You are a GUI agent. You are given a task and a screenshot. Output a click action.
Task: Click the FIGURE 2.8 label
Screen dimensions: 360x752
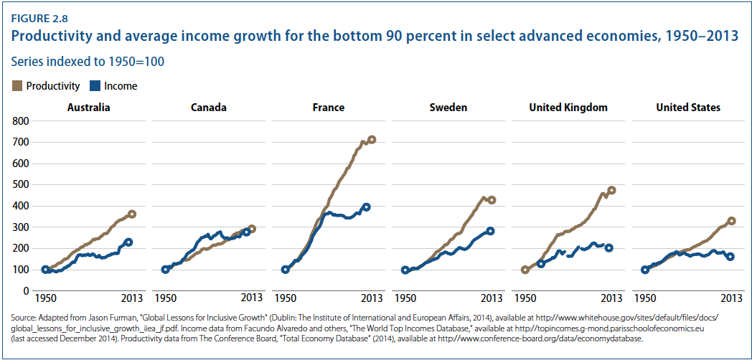pyautogui.click(x=39, y=14)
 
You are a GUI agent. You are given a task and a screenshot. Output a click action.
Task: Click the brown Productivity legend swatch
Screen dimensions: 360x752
pyautogui.click(x=18, y=86)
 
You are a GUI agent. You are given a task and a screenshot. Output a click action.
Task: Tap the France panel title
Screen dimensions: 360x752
pyautogui.click(x=329, y=108)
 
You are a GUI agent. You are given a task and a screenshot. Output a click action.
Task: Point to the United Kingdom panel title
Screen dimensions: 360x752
pyautogui.click(x=568, y=108)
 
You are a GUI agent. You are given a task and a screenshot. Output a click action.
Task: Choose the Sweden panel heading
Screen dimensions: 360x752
pyautogui.click(x=448, y=108)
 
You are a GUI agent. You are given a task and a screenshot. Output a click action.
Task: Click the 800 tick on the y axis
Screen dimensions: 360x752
pyautogui.click(x=20, y=121)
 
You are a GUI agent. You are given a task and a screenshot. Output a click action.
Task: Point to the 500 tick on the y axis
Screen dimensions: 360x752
pyautogui.click(x=20, y=185)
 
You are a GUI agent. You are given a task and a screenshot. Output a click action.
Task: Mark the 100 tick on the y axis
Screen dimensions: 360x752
pyautogui.click(x=20, y=270)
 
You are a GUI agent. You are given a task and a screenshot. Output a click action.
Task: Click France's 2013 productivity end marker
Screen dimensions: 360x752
pyautogui.click(x=372, y=140)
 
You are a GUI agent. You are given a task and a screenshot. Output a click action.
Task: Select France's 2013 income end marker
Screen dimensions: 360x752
pyautogui.click(x=367, y=207)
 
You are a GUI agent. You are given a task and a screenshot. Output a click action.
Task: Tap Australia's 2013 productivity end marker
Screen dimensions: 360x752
pyautogui.click(x=131, y=214)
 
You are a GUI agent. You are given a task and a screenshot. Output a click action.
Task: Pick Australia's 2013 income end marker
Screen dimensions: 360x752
pyautogui.click(x=128, y=242)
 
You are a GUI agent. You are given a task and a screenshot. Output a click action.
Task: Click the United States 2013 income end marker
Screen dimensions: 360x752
pyautogui.click(x=730, y=256)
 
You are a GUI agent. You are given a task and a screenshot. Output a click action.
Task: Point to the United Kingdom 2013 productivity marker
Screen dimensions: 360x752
pyautogui.click(x=611, y=191)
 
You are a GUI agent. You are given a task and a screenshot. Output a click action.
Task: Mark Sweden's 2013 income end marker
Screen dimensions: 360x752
pyautogui.click(x=491, y=231)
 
